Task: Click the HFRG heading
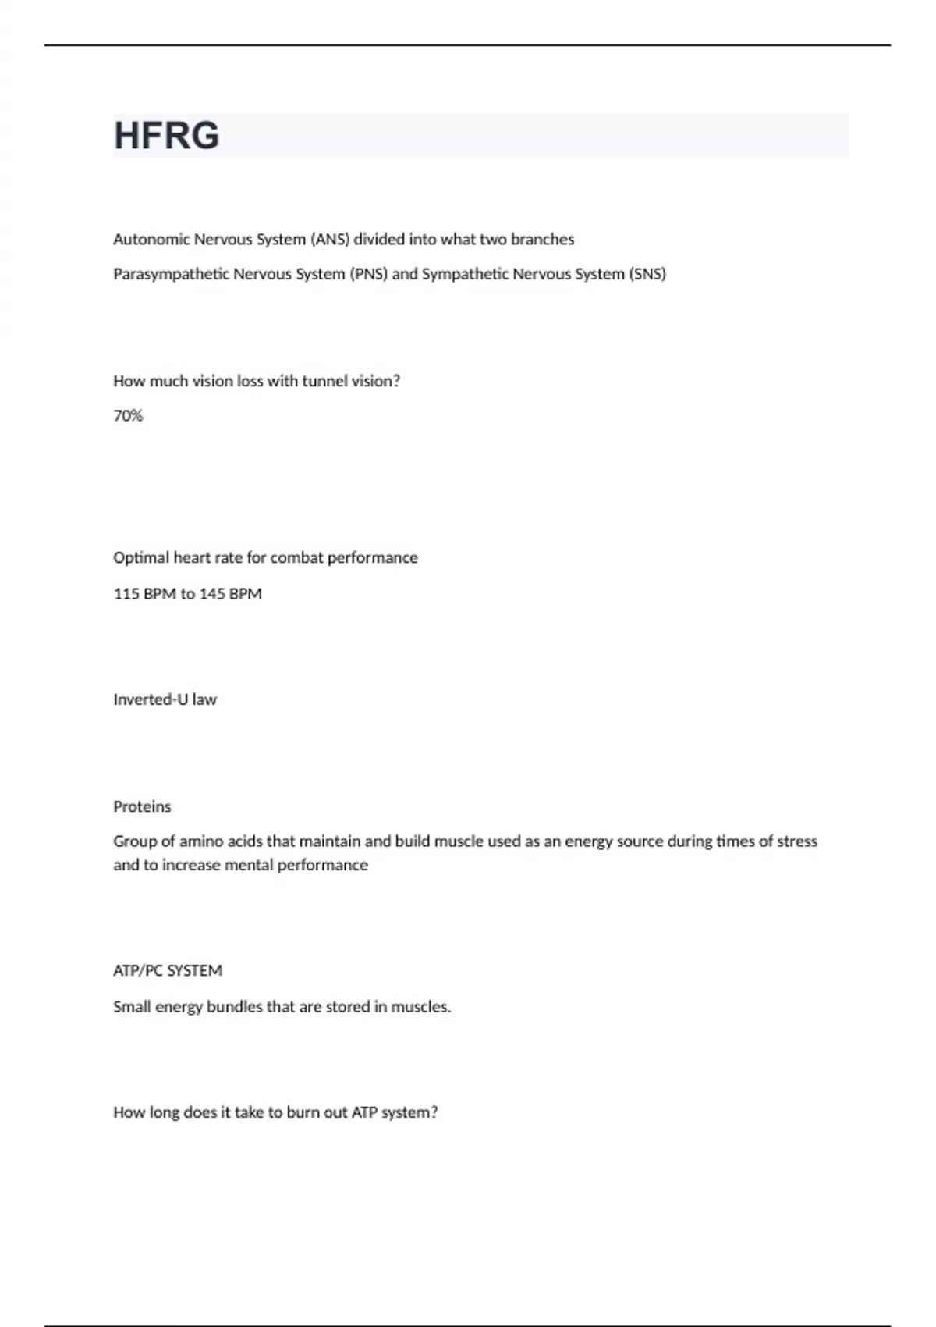(167, 136)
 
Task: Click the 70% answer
(128, 416)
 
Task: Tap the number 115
(126, 594)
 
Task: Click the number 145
(212, 594)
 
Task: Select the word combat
(296, 558)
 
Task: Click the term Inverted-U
(151, 699)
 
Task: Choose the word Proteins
(142, 806)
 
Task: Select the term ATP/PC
(137, 971)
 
